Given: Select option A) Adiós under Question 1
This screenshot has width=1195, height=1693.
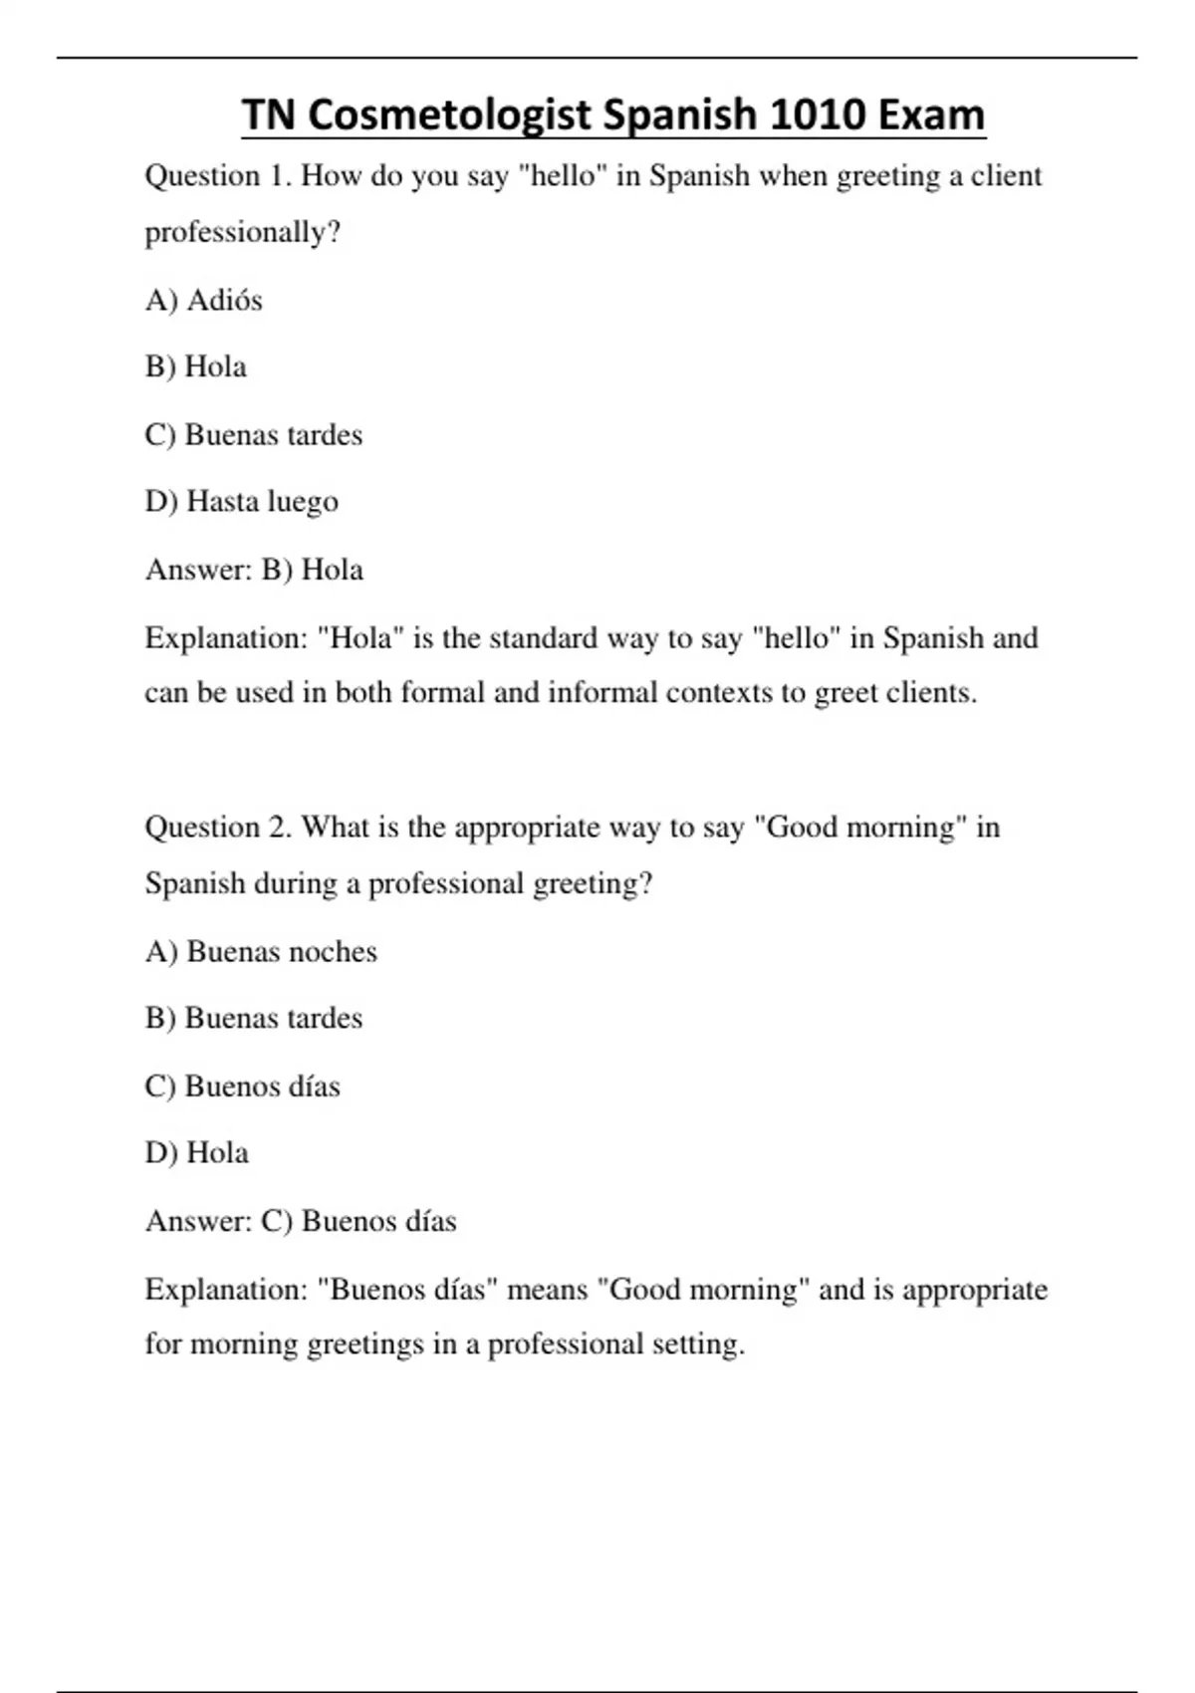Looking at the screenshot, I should pyautogui.click(x=204, y=300).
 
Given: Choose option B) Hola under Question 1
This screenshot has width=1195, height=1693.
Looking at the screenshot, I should pyautogui.click(x=196, y=366).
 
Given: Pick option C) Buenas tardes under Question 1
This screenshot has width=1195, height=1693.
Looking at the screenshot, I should pyautogui.click(x=254, y=434).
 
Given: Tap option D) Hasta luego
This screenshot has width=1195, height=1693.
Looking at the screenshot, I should pyautogui.click(x=242, y=501).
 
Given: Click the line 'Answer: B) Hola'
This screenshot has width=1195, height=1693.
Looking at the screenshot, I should pyautogui.click(x=254, y=570).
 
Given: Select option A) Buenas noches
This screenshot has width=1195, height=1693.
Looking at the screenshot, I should pyautogui.click(x=261, y=951).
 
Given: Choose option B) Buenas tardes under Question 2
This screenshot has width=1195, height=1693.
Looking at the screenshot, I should pyautogui.click(x=254, y=1018).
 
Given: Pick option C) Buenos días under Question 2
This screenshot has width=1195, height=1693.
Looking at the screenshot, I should pyautogui.click(x=242, y=1086).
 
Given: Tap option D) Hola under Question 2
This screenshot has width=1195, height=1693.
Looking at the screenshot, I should pyautogui.click(x=197, y=1152).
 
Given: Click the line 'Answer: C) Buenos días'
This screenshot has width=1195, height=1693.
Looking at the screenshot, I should pyautogui.click(x=301, y=1221).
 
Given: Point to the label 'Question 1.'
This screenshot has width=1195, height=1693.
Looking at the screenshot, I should pyautogui.click(x=218, y=176).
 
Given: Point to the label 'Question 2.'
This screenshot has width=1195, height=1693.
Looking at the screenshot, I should pyautogui.click(x=218, y=828).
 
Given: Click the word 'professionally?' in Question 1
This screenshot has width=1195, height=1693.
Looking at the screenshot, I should pyautogui.click(x=243, y=233).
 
